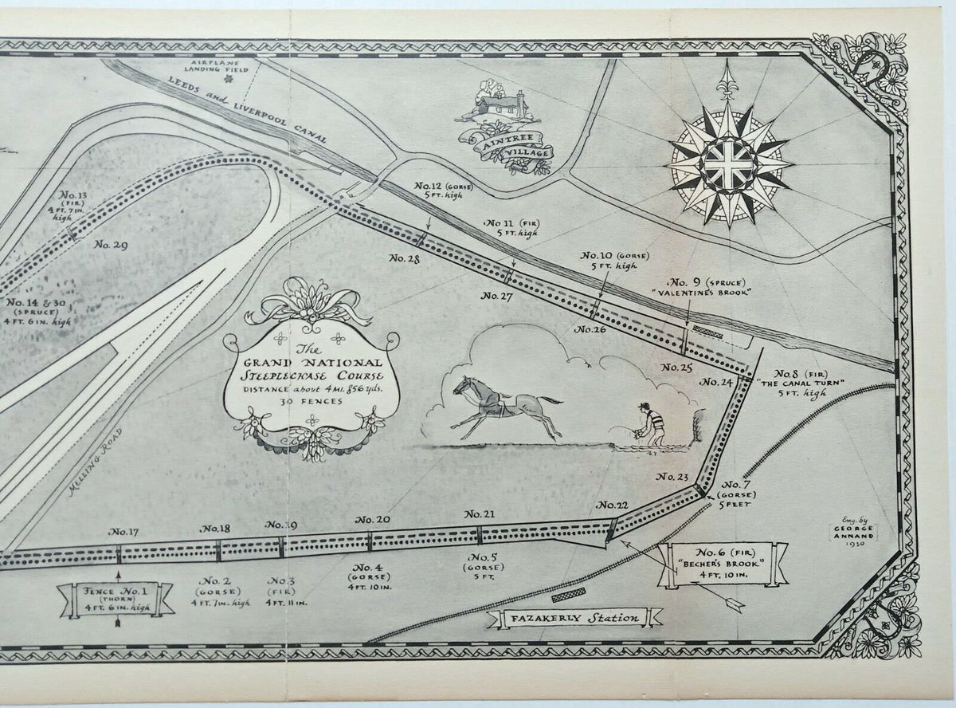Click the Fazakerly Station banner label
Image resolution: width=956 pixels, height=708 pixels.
574,617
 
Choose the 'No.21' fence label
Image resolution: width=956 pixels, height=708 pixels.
480,513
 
